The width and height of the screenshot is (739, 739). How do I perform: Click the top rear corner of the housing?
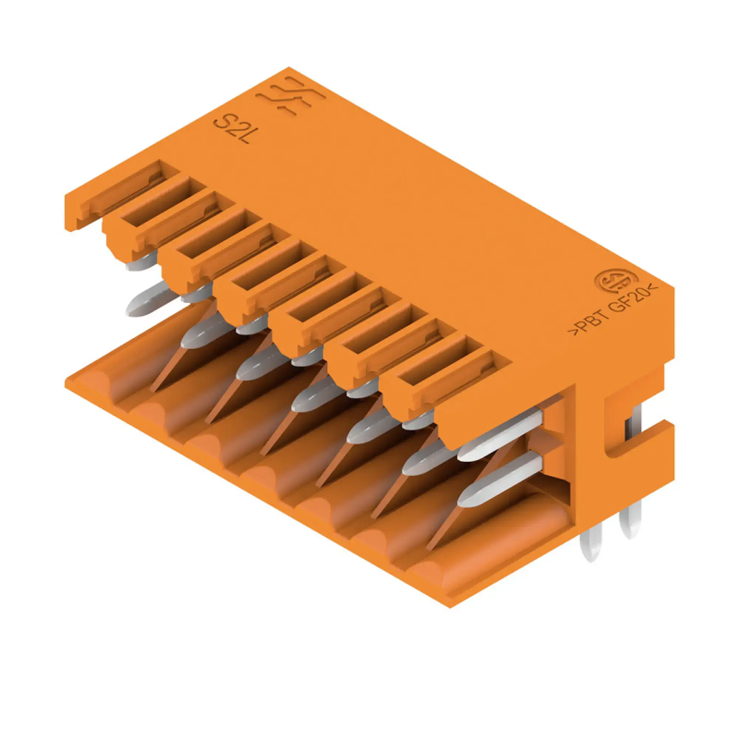pos(289,69)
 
